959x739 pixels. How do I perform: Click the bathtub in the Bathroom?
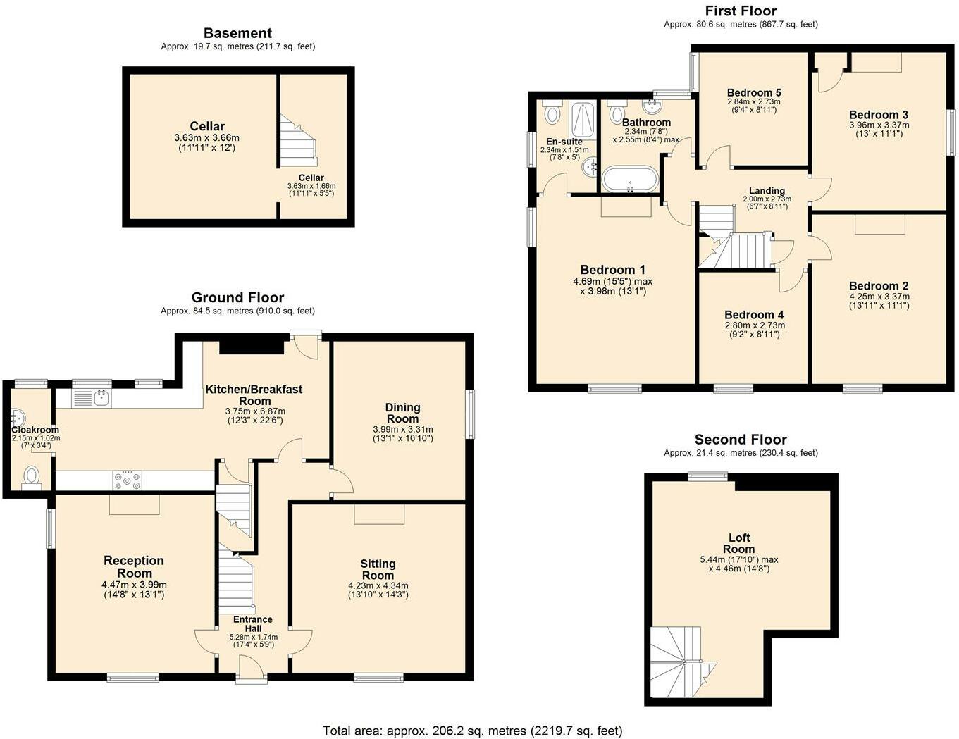[631, 179]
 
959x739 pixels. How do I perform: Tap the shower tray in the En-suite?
[583, 120]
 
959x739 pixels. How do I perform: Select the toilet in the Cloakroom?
[31, 478]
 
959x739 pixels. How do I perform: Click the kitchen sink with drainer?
[92, 398]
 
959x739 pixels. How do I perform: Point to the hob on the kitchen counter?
[128, 480]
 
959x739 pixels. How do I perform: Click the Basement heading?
[238, 33]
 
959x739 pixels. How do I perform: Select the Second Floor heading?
[741, 440]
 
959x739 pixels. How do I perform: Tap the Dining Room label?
[402, 413]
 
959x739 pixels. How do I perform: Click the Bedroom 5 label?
[754, 93]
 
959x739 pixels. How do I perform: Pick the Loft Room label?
[738, 543]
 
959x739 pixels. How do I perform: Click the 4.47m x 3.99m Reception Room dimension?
[134, 585]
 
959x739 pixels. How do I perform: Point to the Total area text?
[472, 731]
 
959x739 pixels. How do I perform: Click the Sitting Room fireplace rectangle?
[379, 514]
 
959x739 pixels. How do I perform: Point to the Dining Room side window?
[471, 414]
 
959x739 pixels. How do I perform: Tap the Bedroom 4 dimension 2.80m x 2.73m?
[754, 325]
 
